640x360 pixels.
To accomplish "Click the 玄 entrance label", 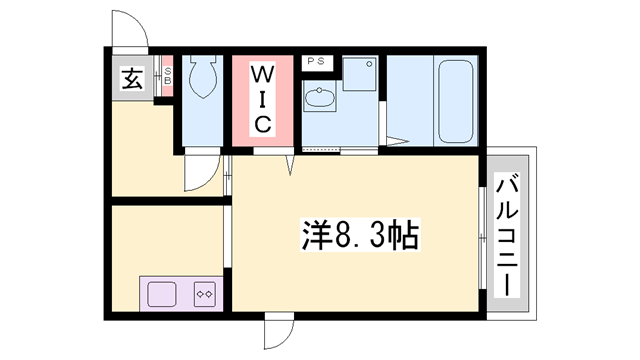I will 131,78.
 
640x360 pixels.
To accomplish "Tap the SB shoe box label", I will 168,75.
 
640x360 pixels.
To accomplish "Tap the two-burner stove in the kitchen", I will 204,294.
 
